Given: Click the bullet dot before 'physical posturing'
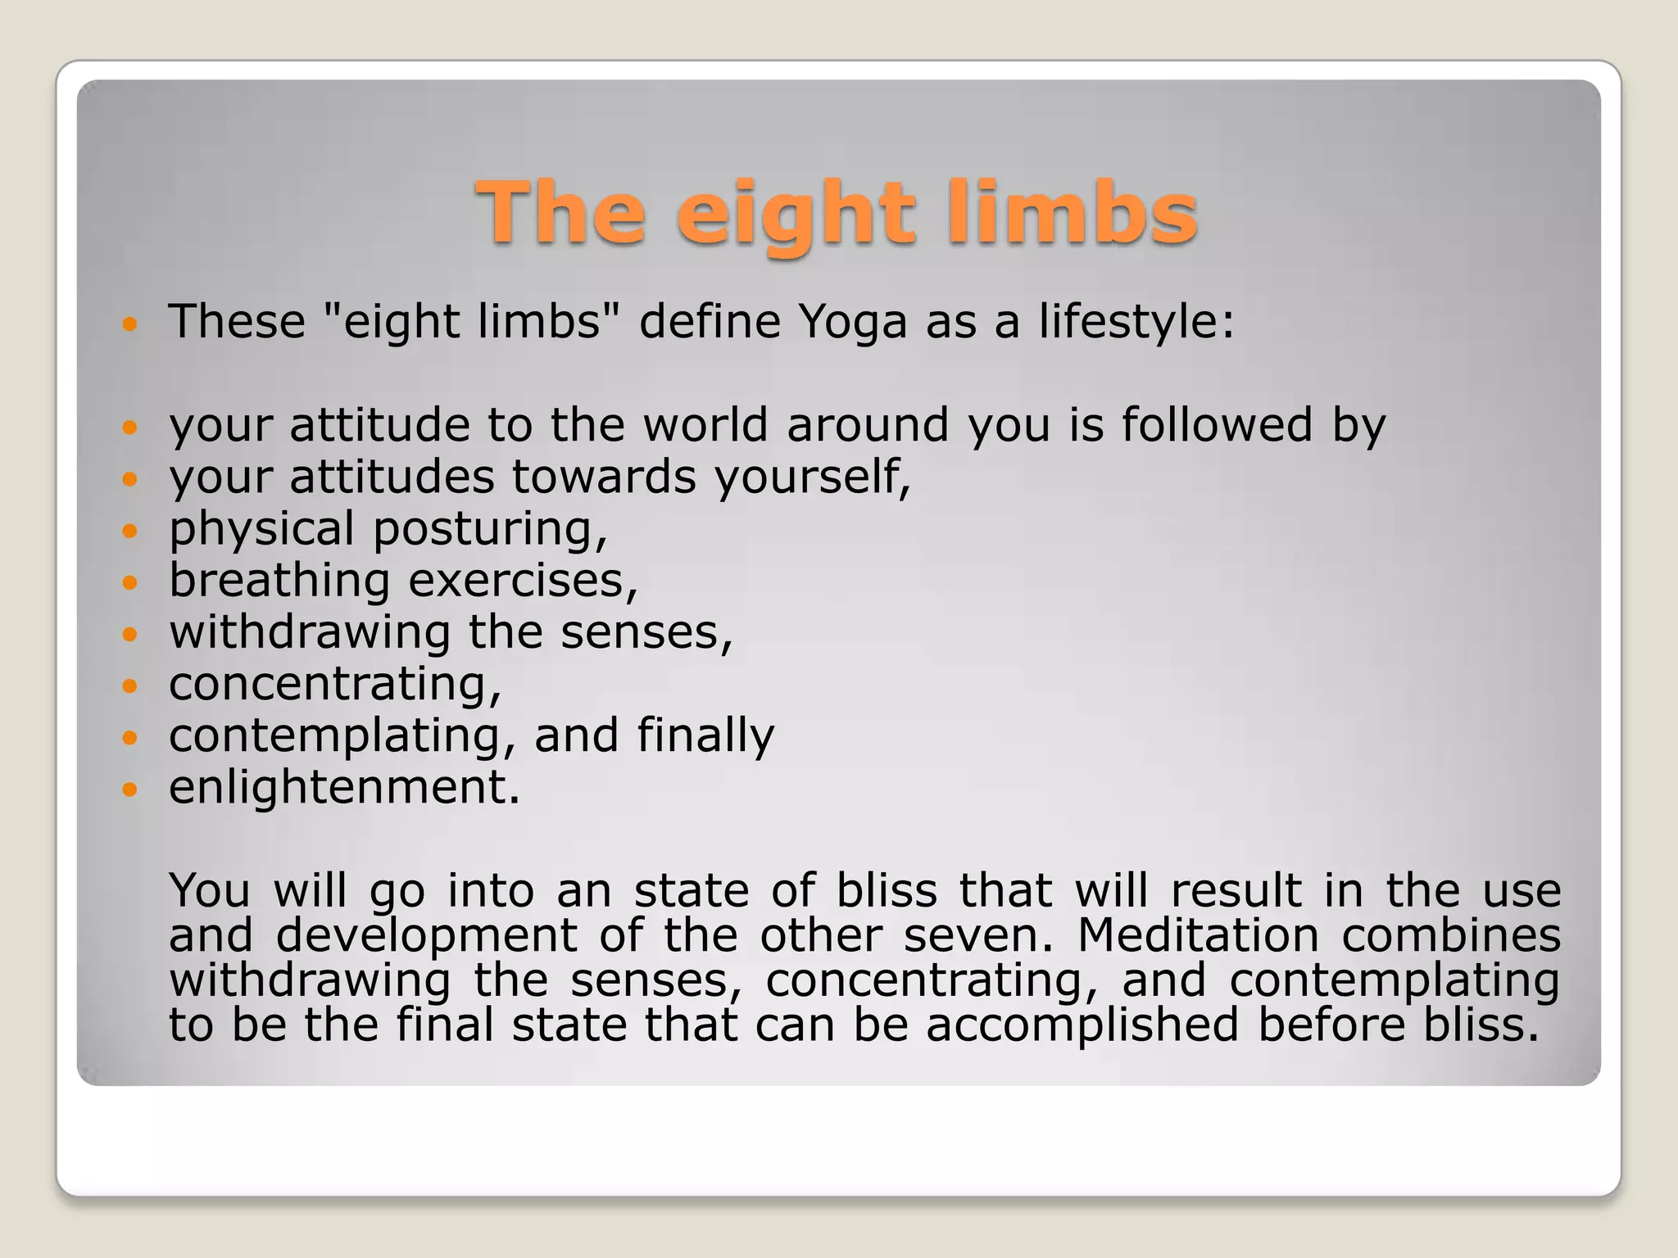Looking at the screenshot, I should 129,531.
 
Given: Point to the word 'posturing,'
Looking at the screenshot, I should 490,531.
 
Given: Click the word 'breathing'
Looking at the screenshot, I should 279,581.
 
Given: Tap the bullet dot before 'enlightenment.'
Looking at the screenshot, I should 129,790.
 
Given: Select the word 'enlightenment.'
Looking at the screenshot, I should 344,788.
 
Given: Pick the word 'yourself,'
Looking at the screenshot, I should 813,478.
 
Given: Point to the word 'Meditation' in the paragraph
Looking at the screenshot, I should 1198,935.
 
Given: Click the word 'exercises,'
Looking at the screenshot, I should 523,581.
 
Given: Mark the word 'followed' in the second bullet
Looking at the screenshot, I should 1217,425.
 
